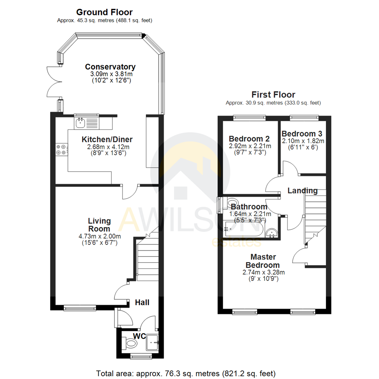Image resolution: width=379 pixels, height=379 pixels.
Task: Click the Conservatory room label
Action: pyautogui.click(x=110, y=67)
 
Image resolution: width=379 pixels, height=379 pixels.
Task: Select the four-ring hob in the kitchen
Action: pyautogui.click(x=60, y=150)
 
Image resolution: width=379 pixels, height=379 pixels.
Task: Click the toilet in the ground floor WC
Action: pyautogui.click(x=131, y=343)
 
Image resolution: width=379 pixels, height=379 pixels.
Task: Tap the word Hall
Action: pyautogui.click(x=142, y=302)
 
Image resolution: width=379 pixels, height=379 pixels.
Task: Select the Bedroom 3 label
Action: pyautogui.click(x=302, y=134)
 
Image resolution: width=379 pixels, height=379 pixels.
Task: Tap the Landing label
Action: pyautogui.click(x=302, y=191)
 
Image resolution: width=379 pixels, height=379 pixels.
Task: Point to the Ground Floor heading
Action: pyautogui.click(x=104, y=12)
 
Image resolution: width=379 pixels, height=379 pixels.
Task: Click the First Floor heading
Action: pyautogui.click(x=273, y=94)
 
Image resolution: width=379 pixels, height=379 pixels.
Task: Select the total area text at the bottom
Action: pyautogui.click(x=186, y=373)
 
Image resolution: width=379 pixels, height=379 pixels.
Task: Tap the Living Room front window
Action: pyautogui.click(x=80, y=308)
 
